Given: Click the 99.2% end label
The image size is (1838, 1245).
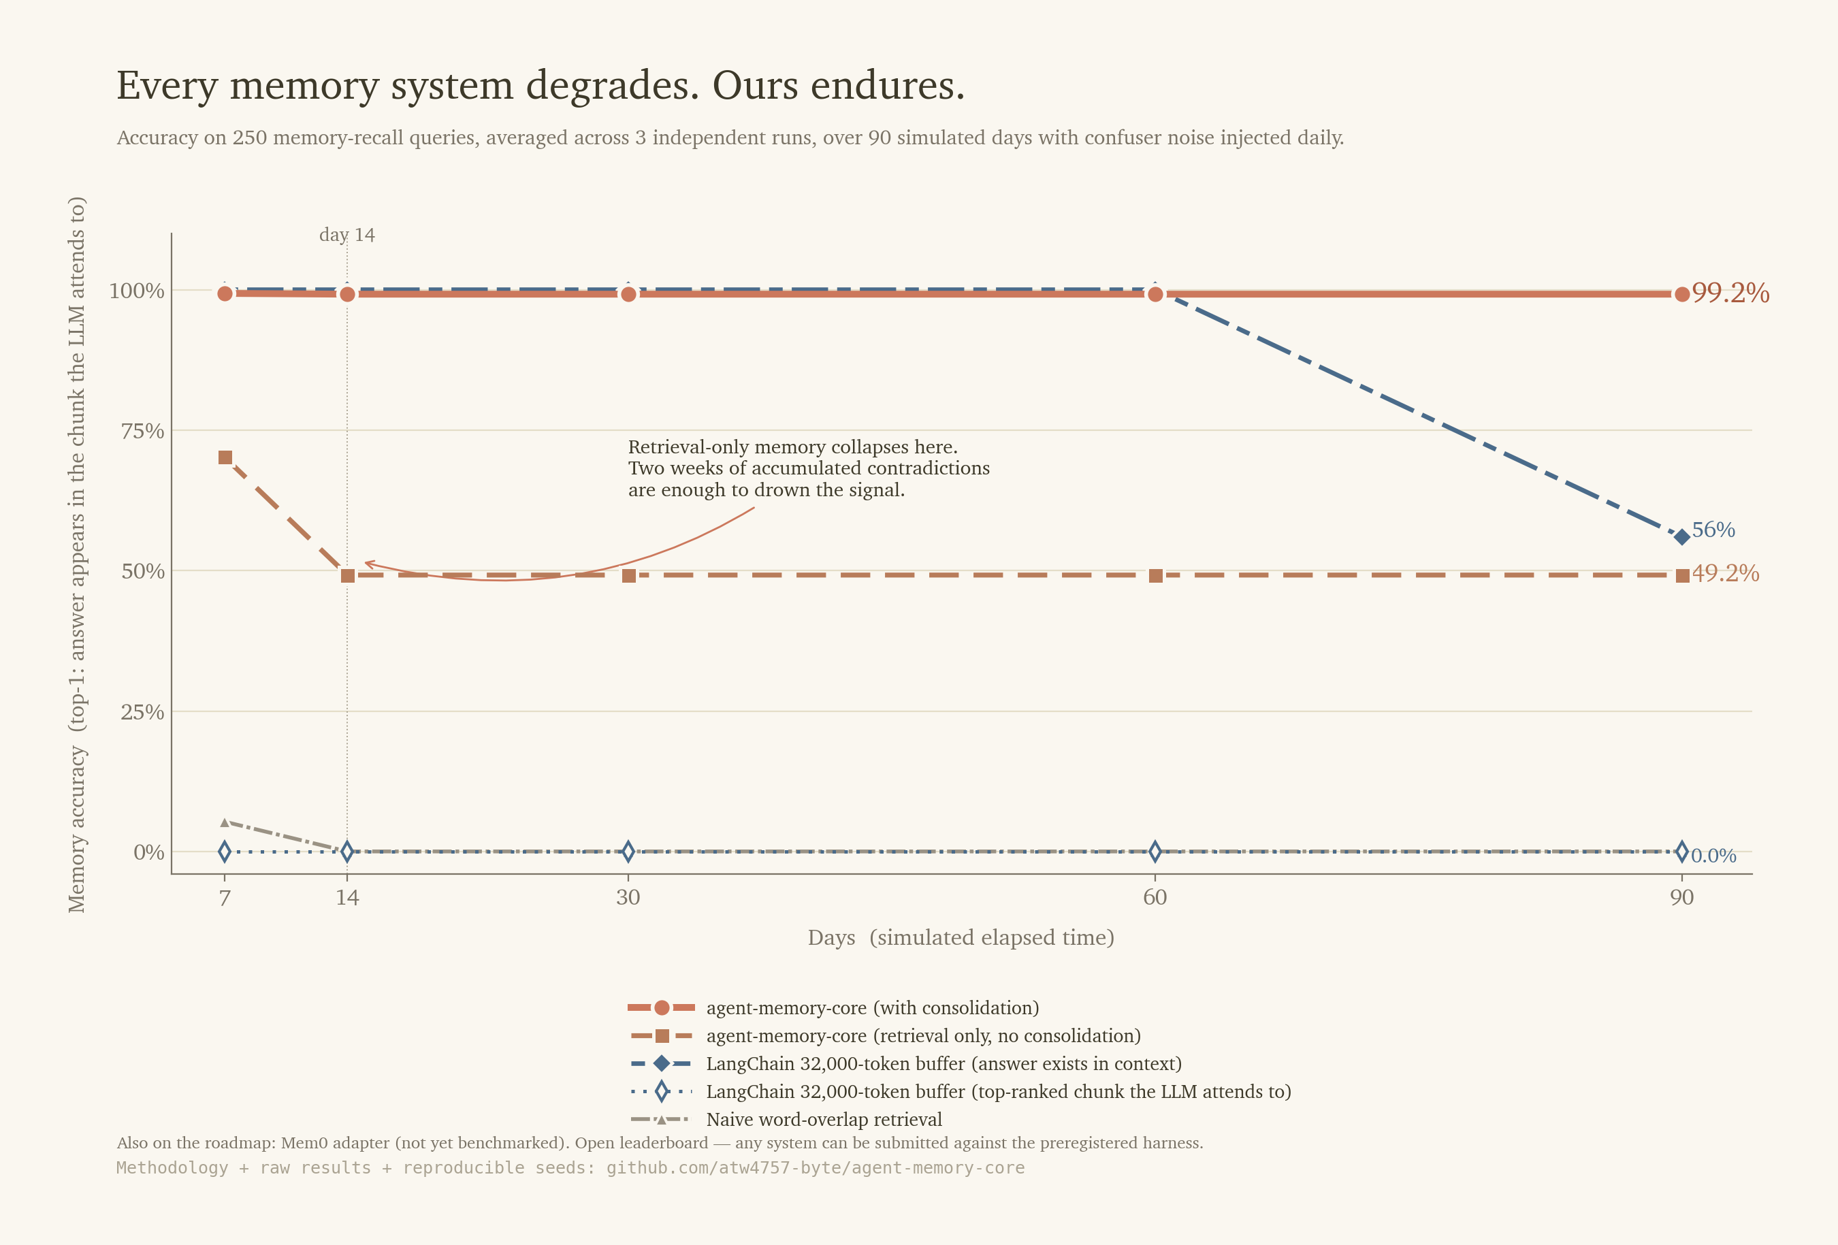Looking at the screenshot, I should pos(1730,293).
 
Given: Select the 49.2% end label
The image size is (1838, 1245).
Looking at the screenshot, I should pos(1725,572).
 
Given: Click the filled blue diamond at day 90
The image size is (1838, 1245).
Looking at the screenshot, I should pos(1681,537).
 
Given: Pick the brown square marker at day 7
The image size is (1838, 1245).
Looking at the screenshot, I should pos(225,457).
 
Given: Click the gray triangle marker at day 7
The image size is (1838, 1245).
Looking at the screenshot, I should pos(225,822).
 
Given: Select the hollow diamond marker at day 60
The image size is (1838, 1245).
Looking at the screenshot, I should pos(1155,852).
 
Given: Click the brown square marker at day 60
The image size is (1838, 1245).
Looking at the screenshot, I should pos(1155,576).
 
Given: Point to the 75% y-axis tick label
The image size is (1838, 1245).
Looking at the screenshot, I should pos(142,431).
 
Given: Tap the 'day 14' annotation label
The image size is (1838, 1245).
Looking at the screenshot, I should pos(346,235).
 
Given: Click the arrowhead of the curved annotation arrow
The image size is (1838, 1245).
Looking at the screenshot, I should pos(368,564).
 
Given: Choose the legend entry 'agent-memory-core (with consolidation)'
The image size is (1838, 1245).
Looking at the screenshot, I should pos(871,1007).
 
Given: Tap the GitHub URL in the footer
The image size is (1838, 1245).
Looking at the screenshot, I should pos(815,1167).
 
